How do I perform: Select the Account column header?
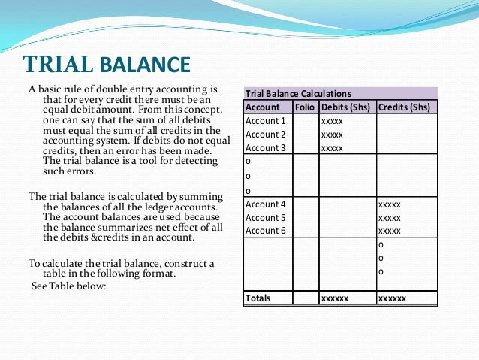[x=263, y=107]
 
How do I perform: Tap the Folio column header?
[x=304, y=107]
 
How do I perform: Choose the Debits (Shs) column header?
[x=346, y=107]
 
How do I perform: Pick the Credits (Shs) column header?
[x=405, y=107]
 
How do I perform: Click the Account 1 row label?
[x=266, y=120]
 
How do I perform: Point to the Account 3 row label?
[x=266, y=148]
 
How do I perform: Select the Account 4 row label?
[x=266, y=204]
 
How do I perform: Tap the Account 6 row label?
[x=266, y=231]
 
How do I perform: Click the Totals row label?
[x=258, y=298]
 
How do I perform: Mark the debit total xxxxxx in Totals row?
[x=334, y=298]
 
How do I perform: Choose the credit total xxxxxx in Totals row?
[x=392, y=298]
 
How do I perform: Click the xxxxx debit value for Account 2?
[x=332, y=135]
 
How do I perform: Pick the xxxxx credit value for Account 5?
[x=390, y=218]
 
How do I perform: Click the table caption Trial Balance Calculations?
[x=298, y=94]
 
